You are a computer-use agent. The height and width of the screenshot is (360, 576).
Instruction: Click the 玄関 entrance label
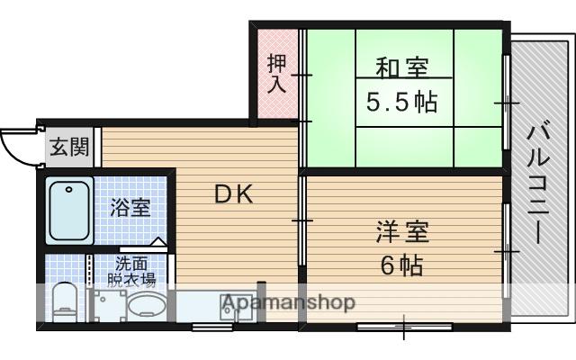pyautogui.click(x=68, y=147)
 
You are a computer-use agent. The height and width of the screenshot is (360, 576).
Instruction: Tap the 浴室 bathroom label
pyautogui.click(x=130, y=208)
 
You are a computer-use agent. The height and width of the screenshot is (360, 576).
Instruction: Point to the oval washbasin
pyautogui.click(x=144, y=306)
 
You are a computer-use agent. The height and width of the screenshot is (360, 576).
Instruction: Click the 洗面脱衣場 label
pyautogui.click(x=132, y=272)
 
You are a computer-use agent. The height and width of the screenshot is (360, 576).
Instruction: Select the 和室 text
pyautogui.click(x=401, y=67)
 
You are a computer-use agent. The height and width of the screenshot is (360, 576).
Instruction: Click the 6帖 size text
pyautogui.click(x=401, y=265)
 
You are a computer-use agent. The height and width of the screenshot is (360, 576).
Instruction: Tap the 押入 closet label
pyautogui.click(x=276, y=75)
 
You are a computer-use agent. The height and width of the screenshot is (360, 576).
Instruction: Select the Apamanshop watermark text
pyautogui.click(x=288, y=302)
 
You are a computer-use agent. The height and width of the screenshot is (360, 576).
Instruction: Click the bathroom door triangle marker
pyautogui.click(x=158, y=242)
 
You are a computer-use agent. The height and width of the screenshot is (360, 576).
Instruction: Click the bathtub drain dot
pyautogui.click(x=67, y=190)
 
